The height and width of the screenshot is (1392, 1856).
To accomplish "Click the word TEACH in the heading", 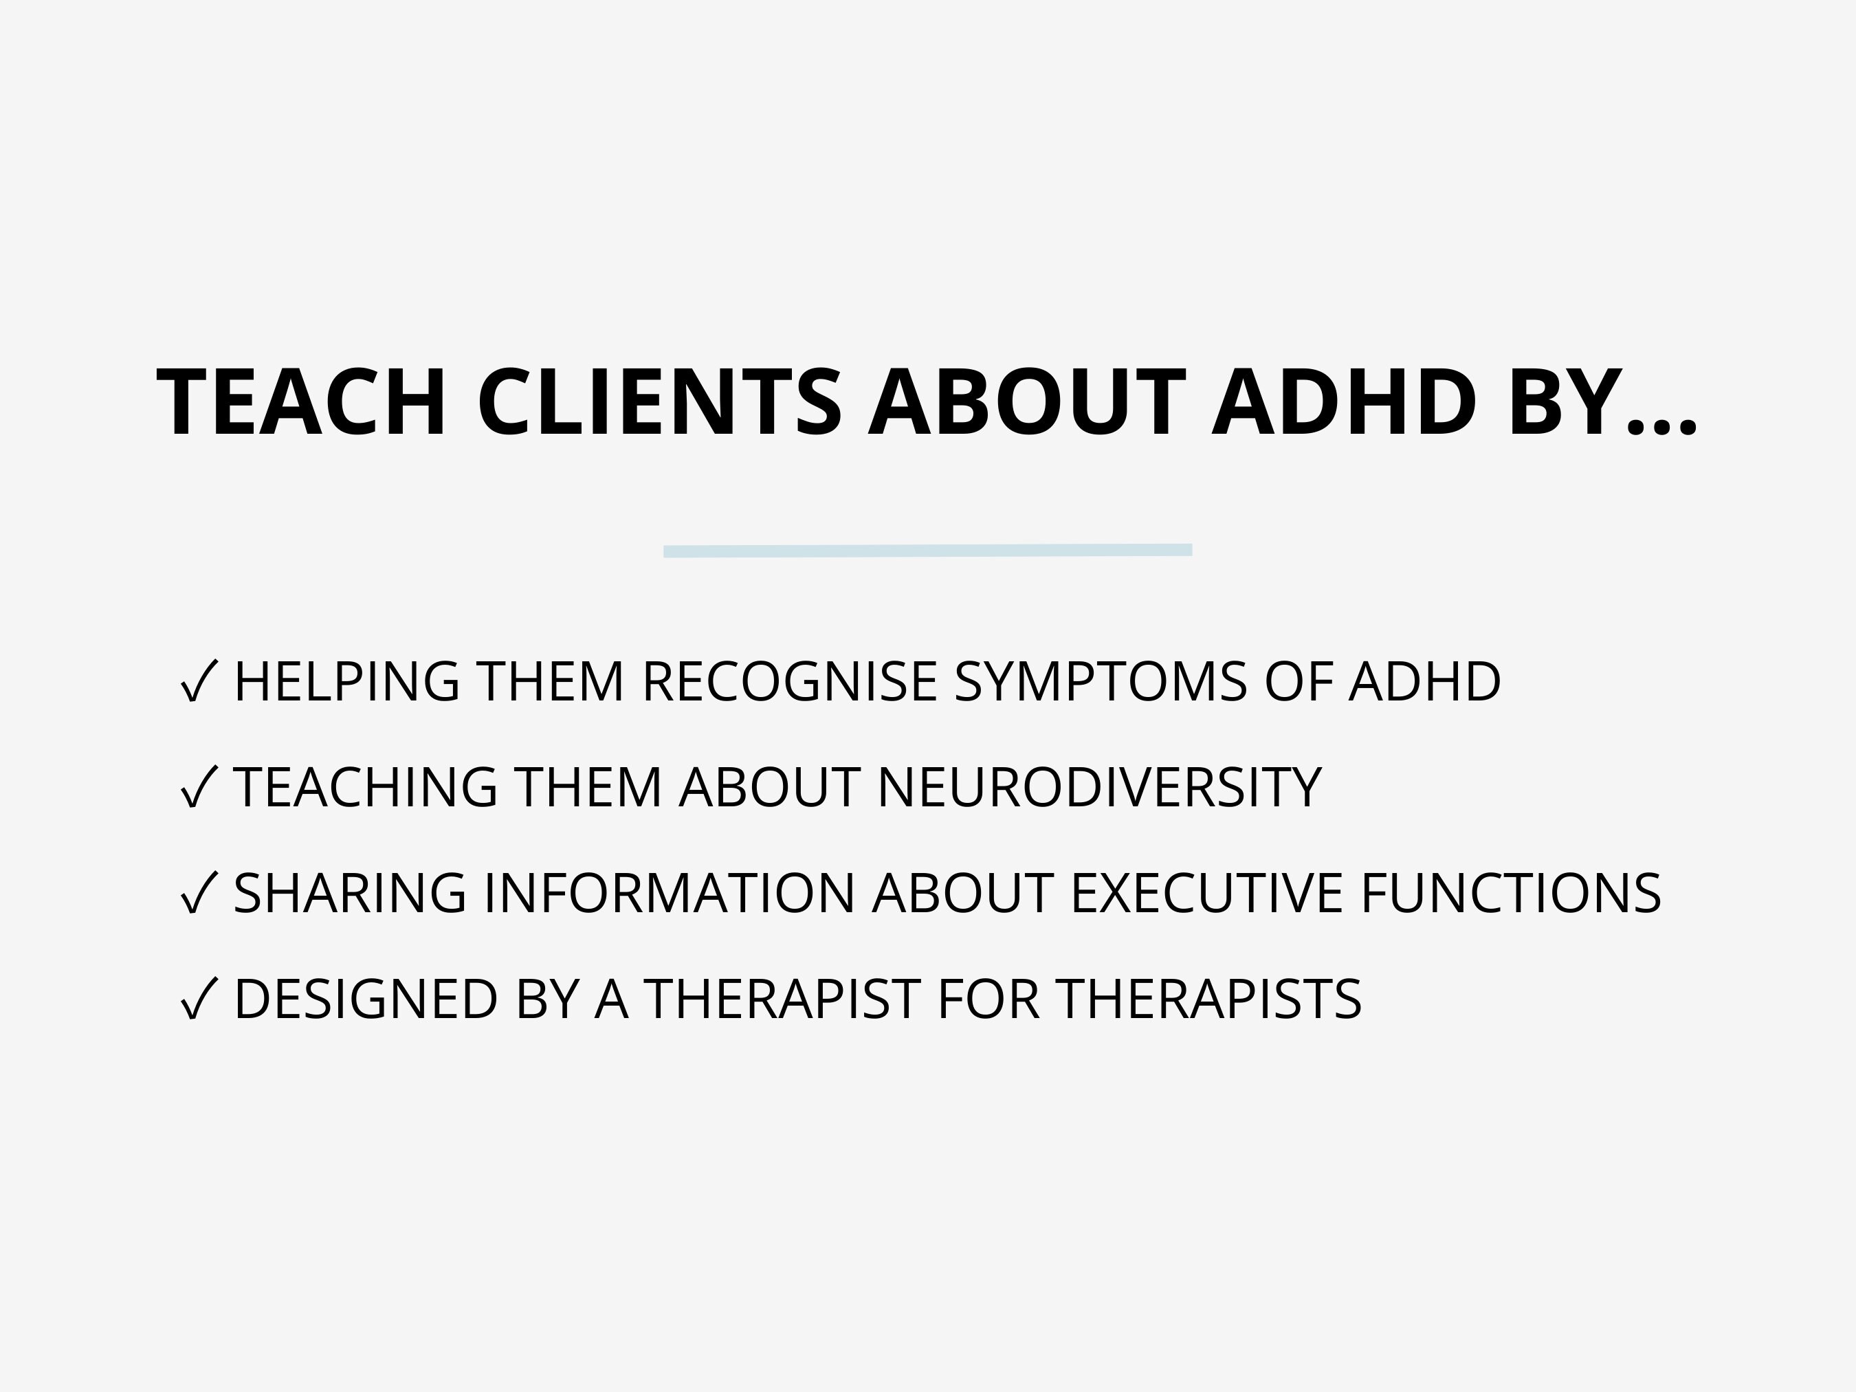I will coord(301,404).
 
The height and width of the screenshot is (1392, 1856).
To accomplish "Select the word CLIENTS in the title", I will coord(659,404).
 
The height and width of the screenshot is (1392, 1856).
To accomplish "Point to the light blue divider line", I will coord(927,551).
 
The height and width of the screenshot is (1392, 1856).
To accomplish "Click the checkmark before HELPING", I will coord(199,681).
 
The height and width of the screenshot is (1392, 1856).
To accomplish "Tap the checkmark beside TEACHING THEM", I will coord(199,787).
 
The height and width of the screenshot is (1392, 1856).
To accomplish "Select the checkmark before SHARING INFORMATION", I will coord(199,893).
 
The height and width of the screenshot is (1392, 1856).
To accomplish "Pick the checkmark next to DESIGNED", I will coord(199,999).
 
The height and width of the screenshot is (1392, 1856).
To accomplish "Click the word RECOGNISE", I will coord(788,681).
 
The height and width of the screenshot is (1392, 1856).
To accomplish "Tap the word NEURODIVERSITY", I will coord(1099,787).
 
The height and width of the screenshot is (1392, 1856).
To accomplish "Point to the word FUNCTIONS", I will coord(1510,893).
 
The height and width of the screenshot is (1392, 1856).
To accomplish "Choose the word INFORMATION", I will coord(669,893).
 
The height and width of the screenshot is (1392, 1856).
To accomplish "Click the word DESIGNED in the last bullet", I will coord(366,999).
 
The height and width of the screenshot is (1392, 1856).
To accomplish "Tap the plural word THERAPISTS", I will coord(1209,999).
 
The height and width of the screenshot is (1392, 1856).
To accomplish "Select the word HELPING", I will coord(346,681).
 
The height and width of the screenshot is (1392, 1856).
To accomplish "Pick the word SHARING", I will coord(350,893).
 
